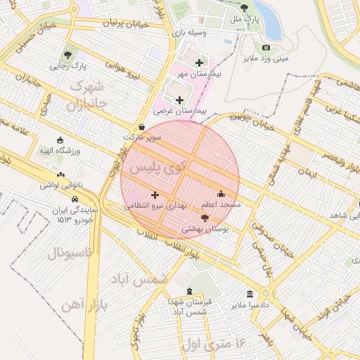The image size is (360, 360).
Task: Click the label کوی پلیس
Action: tap(153, 169)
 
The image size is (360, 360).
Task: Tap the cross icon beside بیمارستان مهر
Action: tap(200, 63)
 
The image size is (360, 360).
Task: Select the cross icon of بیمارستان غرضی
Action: tap(179, 101)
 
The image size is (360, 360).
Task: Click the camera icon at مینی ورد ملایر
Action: tap(266, 48)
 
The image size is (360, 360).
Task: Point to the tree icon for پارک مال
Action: tap(244, 8)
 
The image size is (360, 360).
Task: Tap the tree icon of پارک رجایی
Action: tap(67, 55)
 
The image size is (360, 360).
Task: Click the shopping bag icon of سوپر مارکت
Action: tap(143, 127)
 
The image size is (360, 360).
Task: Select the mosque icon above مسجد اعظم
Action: tap(221, 193)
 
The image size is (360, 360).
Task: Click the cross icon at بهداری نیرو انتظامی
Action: tap(155, 194)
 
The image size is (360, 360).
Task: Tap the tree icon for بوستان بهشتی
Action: tap(205, 219)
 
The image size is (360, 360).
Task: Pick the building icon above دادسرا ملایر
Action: tap(250, 294)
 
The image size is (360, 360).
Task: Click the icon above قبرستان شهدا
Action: tap(189, 291)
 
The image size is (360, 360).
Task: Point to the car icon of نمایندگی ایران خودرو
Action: tap(75, 200)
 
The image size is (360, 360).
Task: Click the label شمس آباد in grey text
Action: tap(140, 278)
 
